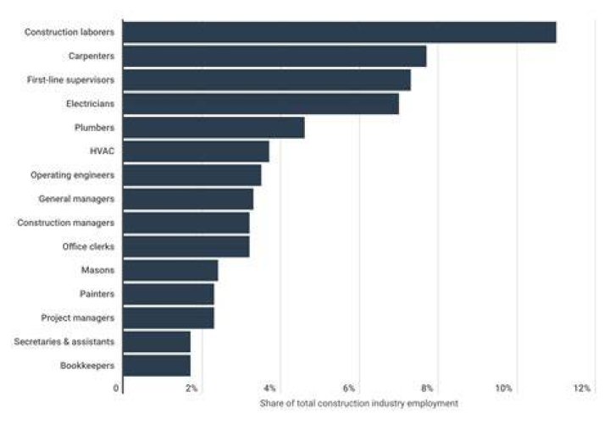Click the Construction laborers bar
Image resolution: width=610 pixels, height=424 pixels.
click(x=340, y=32)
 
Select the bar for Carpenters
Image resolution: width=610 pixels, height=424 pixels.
click(x=274, y=57)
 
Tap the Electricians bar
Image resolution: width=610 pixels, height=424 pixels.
click(x=261, y=104)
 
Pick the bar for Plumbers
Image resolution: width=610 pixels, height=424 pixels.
click(x=214, y=128)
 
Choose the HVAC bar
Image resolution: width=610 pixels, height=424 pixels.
click(x=196, y=151)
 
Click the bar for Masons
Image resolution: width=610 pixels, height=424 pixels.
click(x=170, y=271)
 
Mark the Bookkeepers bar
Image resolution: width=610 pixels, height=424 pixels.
click(x=157, y=366)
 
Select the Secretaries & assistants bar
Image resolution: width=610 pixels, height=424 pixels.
click(x=157, y=342)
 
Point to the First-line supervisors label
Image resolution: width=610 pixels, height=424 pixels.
click(x=71, y=80)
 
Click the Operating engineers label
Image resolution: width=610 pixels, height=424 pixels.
click(x=72, y=175)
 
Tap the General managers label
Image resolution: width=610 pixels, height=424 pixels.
click(x=76, y=199)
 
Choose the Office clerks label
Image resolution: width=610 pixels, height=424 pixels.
click(x=88, y=246)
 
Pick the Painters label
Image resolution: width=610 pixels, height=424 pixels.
click(x=97, y=294)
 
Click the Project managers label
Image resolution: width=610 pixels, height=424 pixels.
click(x=78, y=318)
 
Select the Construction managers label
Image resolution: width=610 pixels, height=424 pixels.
click(x=66, y=223)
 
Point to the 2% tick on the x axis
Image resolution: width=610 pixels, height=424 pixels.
click(x=191, y=388)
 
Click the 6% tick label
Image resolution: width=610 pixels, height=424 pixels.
click(x=349, y=388)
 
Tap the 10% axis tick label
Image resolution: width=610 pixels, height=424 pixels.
click(x=504, y=388)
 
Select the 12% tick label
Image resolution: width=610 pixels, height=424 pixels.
click(x=582, y=388)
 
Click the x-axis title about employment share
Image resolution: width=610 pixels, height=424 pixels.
click(x=358, y=404)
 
